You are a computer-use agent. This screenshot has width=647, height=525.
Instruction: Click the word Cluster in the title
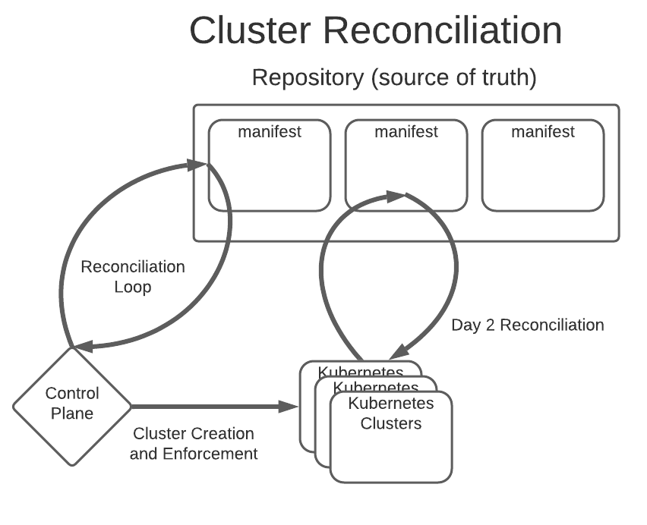[x=250, y=32]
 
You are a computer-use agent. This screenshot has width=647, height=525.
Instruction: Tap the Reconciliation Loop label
[x=133, y=277]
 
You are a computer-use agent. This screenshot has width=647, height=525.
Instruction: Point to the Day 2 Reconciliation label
[x=528, y=325]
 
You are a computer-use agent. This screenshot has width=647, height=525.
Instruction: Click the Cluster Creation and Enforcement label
[x=194, y=444]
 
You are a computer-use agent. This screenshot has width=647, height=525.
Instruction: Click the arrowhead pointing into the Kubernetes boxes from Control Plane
[x=291, y=407]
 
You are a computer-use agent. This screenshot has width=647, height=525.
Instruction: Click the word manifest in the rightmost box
[x=543, y=132]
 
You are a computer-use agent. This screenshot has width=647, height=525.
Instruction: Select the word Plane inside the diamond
[x=72, y=413]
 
